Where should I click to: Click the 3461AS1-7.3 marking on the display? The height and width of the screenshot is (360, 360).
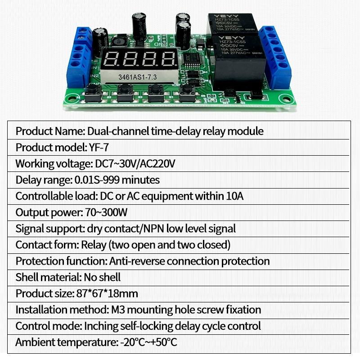137,77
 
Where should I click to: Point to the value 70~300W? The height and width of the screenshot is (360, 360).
107,212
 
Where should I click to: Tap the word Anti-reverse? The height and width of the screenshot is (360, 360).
136,261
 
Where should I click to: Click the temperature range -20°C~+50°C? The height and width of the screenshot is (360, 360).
148,342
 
